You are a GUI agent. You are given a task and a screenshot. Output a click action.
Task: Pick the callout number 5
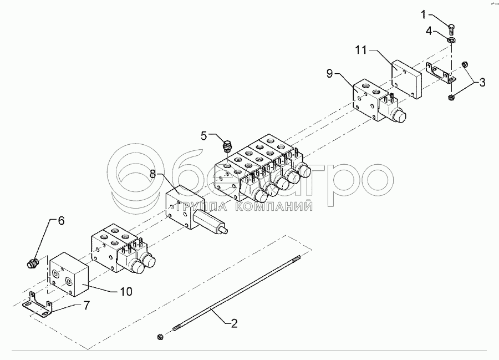(204, 135)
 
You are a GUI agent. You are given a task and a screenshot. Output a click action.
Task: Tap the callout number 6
(61, 221)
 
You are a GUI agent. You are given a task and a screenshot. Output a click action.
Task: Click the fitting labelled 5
(226, 147)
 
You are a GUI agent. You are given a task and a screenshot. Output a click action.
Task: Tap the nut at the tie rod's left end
(160, 336)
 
